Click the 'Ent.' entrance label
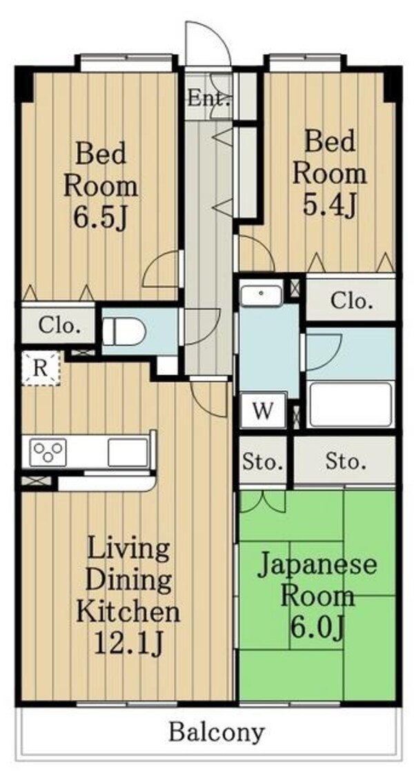click(209, 98)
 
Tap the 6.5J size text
click(101, 217)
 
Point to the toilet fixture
click(124, 330)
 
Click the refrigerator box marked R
click(40, 368)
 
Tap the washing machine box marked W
click(263, 410)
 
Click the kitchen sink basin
click(128, 452)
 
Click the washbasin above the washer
click(262, 295)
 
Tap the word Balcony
click(217, 733)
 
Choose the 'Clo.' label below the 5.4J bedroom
click(351, 301)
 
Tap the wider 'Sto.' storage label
click(346, 462)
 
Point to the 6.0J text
click(316, 627)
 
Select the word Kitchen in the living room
click(128, 612)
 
